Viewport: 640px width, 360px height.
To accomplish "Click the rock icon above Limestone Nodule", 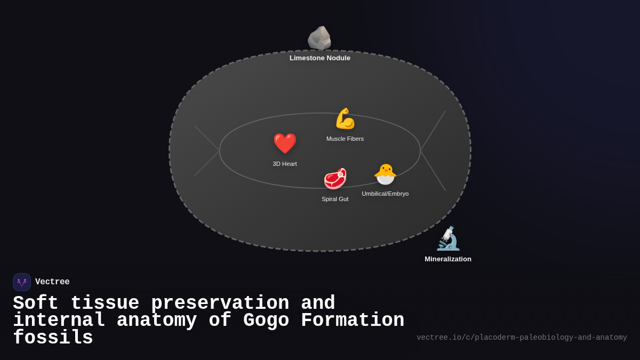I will (319, 38).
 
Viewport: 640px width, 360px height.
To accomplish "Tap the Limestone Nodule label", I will (320, 58).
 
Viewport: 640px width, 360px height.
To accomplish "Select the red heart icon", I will (285, 143).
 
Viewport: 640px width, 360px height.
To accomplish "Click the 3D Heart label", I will (285, 164).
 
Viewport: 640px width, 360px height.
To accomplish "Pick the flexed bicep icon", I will (345, 118).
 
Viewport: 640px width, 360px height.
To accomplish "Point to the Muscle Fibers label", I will (345, 139).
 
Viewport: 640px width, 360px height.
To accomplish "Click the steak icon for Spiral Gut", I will (335, 179).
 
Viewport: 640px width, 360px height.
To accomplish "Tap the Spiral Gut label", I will (335, 199).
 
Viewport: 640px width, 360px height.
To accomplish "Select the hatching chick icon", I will (385, 174).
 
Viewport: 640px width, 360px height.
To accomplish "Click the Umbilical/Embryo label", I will (385, 194).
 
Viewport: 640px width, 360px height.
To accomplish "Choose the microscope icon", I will (448, 238).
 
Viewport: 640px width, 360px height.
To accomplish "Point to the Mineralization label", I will (448, 259).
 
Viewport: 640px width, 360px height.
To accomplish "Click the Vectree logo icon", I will (22, 282).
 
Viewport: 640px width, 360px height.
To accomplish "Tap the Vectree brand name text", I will (52, 282).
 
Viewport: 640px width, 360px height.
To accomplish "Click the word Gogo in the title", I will (266, 321).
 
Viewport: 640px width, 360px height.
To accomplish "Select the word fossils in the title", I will (53, 338).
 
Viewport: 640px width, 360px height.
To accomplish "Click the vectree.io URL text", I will (522, 338).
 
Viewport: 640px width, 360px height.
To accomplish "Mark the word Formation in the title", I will (353, 321).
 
